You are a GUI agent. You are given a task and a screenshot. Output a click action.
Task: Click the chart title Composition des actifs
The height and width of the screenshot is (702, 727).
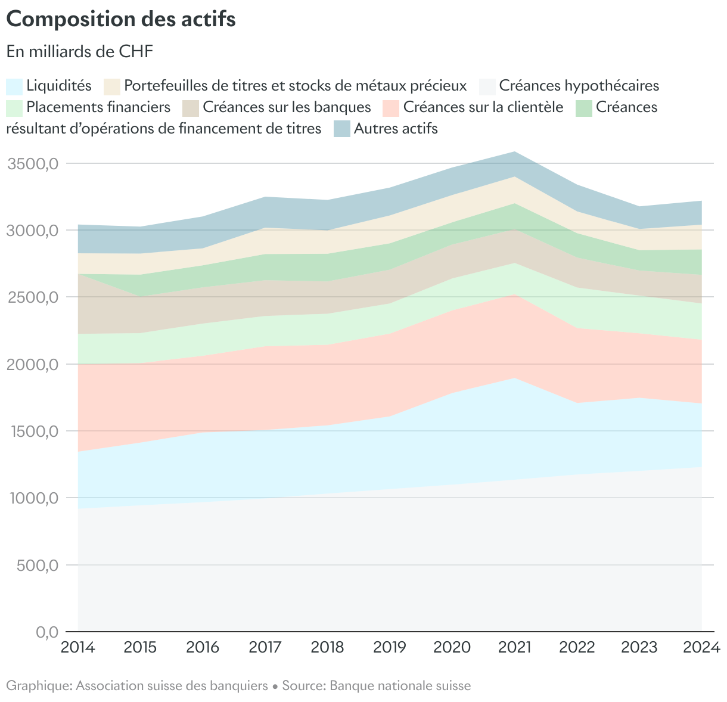tap(121, 19)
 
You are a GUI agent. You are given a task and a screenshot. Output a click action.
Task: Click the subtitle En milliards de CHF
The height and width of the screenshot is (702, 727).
tap(80, 51)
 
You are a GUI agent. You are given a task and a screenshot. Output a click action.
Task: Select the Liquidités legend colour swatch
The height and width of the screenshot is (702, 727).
tap(14, 86)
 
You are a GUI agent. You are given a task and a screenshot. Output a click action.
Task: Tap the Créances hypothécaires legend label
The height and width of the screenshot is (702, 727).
tap(579, 86)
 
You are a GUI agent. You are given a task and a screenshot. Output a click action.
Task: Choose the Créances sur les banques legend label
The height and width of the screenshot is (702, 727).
tap(287, 107)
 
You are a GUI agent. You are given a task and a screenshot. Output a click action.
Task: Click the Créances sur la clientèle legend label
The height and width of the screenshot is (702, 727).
tap(483, 107)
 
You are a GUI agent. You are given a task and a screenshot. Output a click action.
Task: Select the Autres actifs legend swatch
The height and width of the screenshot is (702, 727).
tap(342, 129)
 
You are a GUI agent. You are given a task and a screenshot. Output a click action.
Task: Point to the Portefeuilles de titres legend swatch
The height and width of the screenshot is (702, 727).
tap(112, 86)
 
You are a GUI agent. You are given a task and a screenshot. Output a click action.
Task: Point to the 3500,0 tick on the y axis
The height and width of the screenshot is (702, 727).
tap(33, 163)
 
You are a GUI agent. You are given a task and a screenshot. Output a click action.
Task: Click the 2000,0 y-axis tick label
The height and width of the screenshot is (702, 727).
tap(33, 364)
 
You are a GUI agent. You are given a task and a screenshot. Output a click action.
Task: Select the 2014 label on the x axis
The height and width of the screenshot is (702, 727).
tap(78, 647)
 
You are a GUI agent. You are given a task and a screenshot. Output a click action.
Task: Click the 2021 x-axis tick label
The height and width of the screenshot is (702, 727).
tap(514, 647)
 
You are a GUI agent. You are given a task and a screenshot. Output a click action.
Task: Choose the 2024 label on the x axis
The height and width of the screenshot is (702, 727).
tap(701, 647)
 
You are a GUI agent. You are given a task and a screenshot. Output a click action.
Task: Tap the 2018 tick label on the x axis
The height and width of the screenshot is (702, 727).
tap(327, 647)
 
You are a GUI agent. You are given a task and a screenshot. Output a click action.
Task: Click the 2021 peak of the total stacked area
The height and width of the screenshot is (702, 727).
tap(514, 152)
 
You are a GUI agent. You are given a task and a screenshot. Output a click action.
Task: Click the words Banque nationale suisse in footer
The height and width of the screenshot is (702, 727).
tap(400, 686)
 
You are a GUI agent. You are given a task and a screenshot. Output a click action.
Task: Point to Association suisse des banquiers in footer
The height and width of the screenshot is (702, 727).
tap(172, 686)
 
